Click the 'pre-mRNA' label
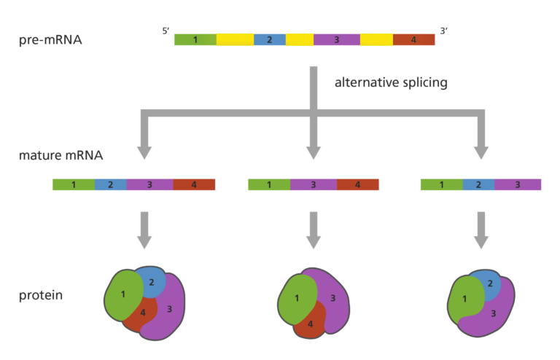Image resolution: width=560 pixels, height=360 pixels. [x=50, y=39]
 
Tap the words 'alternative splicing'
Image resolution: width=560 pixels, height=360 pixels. [x=391, y=82]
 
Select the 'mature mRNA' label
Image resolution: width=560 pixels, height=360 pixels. [x=61, y=156]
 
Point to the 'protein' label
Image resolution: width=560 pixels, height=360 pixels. [x=41, y=296]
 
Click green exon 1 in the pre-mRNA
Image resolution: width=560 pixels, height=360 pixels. [x=195, y=39]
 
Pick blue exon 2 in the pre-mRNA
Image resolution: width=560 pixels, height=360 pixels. [x=269, y=39]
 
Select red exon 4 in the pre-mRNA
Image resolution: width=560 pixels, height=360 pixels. [x=413, y=39]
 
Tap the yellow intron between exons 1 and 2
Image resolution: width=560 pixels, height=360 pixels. [x=235, y=39]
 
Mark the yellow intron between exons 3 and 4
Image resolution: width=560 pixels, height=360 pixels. [x=376, y=39]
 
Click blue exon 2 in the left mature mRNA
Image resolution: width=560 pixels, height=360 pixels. [x=110, y=185]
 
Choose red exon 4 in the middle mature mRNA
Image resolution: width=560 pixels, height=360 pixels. [x=358, y=185]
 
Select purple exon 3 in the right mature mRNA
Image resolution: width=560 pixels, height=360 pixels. [x=518, y=185]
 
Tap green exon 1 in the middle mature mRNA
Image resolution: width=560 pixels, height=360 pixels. [x=268, y=185]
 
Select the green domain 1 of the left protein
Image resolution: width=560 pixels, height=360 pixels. [x=122, y=294]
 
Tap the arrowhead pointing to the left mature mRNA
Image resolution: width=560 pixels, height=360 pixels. [x=144, y=152]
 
